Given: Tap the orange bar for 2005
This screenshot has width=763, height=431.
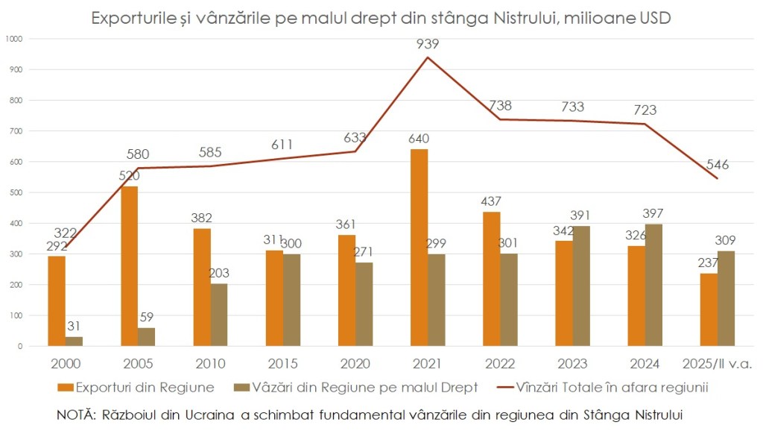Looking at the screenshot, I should pyautogui.click(x=130, y=266).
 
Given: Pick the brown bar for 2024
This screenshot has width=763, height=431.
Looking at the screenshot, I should pyautogui.click(x=653, y=285).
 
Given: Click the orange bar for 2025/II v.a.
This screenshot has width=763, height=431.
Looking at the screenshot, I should pyautogui.click(x=709, y=309).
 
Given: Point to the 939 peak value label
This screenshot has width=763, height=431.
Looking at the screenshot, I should pyautogui.click(x=428, y=44).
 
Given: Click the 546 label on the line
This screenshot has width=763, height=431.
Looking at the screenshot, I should pyautogui.click(x=718, y=165).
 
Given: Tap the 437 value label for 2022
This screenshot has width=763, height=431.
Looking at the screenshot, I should pyautogui.click(x=491, y=201).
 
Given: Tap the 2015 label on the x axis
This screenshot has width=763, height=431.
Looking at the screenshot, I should pyautogui.click(x=283, y=365).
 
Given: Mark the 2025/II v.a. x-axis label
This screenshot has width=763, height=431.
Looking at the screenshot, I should pyautogui.click(x=717, y=365).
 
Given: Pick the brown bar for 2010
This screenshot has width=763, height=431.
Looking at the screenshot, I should pyautogui.click(x=219, y=315).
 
